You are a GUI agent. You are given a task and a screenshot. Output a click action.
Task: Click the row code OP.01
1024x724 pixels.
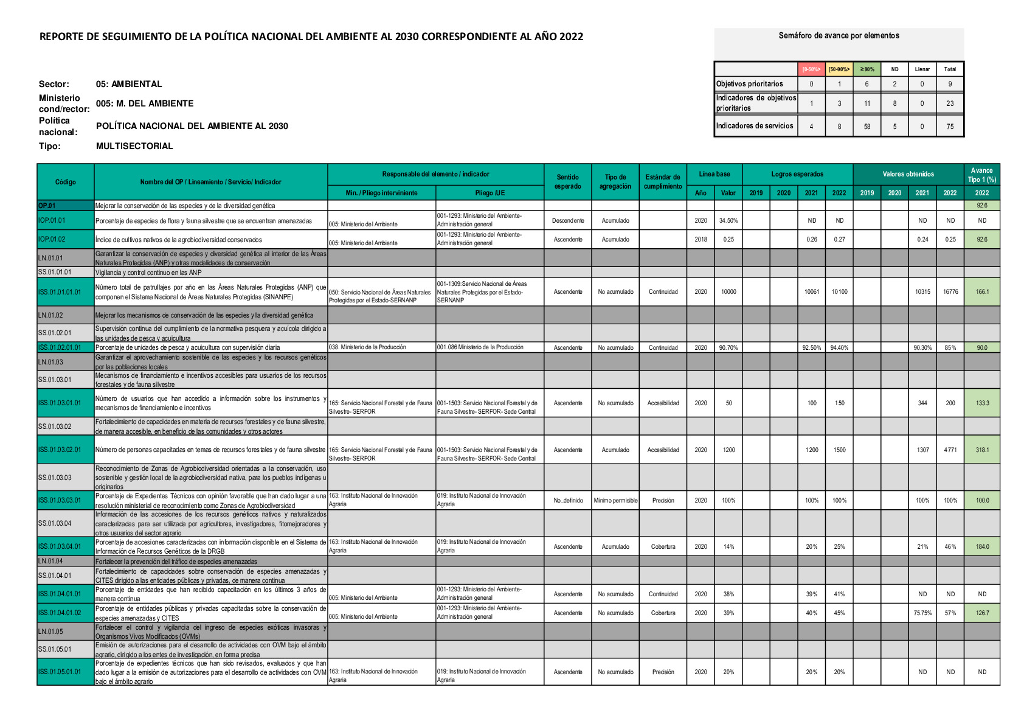[47, 206]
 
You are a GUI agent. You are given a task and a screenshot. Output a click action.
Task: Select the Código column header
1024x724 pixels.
[66, 182]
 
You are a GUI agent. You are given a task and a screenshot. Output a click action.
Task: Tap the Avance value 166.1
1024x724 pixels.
[982, 292]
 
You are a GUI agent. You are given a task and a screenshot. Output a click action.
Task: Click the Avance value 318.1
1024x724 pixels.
[982, 450]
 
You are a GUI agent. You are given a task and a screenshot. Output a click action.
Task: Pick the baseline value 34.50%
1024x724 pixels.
[728, 221]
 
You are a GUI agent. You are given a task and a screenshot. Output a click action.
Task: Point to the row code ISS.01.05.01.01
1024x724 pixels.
[60, 672]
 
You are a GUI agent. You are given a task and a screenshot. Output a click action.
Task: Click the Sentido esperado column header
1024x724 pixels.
[567, 182]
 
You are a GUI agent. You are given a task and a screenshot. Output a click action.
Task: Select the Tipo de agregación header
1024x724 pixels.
[615, 182]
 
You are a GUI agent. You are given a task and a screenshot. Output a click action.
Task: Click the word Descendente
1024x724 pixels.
[568, 221]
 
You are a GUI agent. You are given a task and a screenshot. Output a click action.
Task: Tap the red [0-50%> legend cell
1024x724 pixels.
[811, 69]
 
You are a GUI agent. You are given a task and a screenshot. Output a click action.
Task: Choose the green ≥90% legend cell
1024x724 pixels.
[867, 69]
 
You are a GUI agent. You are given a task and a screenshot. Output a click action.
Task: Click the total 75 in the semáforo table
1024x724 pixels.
[950, 127]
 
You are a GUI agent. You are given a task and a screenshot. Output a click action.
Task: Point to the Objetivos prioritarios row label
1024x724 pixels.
[750, 84]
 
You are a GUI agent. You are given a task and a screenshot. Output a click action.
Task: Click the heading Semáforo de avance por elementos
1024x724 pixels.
[839, 36]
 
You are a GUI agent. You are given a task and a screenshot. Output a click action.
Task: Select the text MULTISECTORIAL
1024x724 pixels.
[134, 146]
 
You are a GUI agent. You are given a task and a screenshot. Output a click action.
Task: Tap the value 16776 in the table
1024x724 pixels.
[950, 292]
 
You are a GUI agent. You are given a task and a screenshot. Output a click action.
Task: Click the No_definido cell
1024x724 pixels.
[568, 501]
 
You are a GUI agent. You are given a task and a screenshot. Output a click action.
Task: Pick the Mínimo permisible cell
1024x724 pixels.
[615, 501]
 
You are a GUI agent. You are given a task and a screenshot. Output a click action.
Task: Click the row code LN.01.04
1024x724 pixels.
[50, 561]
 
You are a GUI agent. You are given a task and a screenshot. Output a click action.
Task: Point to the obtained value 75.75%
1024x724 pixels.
[922, 613]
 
